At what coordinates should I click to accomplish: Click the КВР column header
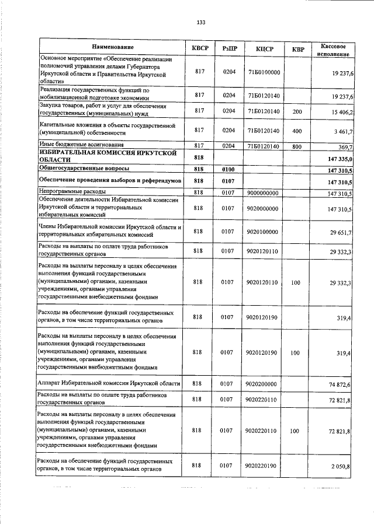[297, 50]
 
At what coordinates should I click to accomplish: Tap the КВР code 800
[297, 146]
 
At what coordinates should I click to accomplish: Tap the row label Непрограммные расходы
[72, 191]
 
